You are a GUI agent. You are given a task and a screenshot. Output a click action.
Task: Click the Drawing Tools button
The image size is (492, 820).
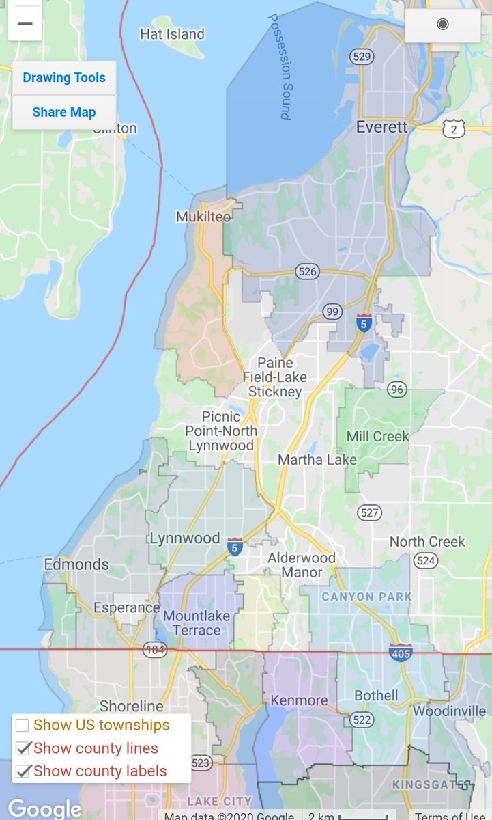[64, 78]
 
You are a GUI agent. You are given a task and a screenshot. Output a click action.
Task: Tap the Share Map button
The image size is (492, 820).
[64, 112]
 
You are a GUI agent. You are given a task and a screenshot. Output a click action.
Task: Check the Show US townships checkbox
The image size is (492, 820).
[23, 725]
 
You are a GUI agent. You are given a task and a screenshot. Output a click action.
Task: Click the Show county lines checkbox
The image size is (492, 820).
[23, 748]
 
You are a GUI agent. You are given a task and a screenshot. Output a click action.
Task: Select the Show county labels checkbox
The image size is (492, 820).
[23, 771]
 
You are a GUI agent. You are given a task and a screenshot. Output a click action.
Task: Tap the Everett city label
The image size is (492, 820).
[382, 127]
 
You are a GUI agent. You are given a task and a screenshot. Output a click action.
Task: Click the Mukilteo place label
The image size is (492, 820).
[203, 217]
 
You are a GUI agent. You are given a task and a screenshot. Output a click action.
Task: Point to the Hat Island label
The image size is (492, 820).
[172, 34]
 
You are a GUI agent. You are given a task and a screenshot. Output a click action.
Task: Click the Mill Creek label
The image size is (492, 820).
[377, 436]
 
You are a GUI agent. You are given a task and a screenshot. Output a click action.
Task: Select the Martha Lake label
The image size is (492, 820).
[317, 460]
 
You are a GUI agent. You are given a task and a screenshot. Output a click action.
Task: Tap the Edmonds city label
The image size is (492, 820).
[76, 564]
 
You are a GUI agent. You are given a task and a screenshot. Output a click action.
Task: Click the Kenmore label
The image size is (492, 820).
[299, 700]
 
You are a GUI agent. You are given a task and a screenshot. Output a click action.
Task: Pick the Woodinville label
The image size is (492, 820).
[449, 711]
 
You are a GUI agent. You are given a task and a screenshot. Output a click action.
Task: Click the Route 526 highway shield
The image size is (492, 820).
[308, 272]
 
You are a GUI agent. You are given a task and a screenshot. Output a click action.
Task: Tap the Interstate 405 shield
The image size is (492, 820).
[401, 652]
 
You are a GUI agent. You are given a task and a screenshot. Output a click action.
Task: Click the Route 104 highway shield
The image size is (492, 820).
[155, 649]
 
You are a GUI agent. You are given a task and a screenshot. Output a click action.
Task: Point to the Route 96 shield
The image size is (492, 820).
[397, 389]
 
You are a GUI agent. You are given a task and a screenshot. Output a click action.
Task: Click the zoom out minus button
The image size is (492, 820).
[25, 23]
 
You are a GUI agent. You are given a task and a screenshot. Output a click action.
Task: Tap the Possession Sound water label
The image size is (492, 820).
[279, 67]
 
